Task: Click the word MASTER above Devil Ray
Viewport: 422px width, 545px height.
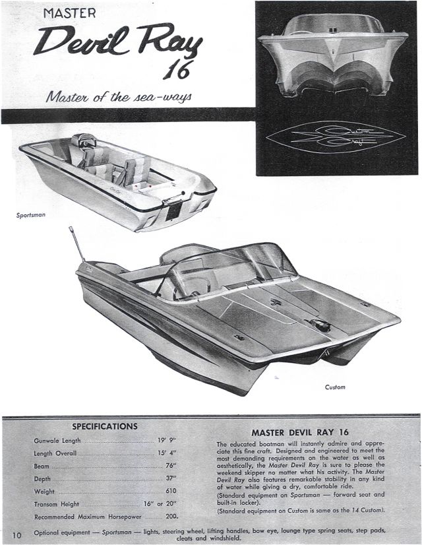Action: (x=69, y=13)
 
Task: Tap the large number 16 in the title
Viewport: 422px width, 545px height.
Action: (x=178, y=70)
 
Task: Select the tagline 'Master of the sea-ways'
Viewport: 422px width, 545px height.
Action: (x=119, y=96)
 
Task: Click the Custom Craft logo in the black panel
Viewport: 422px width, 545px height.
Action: (x=336, y=137)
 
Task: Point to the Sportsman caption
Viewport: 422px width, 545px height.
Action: (x=31, y=215)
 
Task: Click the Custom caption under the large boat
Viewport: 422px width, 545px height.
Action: (x=335, y=387)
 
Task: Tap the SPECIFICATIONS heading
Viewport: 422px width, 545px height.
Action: (x=105, y=426)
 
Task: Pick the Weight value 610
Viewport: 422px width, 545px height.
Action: (x=171, y=491)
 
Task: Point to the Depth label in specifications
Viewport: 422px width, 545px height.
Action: (x=42, y=479)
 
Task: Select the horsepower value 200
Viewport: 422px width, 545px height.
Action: (x=172, y=516)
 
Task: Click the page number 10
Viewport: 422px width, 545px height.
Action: (x=17, y=535)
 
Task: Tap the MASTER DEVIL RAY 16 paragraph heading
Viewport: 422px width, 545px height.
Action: (x=300, y=432)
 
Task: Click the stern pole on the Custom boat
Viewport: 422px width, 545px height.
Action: (x=76, y=244)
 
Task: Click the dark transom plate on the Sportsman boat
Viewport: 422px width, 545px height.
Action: (x=173, y=210)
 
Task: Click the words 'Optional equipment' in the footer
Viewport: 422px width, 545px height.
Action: (x=62, y=532)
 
